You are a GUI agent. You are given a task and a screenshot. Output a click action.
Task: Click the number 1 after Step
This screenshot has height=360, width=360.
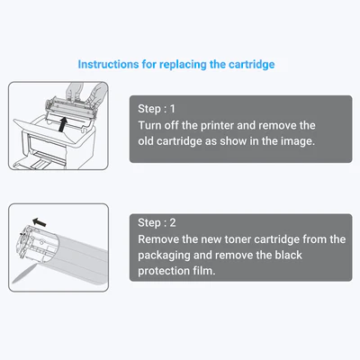pyautogui.click(x=173, y=109)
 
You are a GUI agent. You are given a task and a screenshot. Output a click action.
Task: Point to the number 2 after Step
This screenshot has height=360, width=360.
pyautogui.click(x=173, y=223)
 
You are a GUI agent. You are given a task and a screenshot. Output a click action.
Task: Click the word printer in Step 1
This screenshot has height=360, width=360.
pyautogui.click(x=217, y=125)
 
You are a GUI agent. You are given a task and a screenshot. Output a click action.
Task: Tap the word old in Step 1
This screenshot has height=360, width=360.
pyautogui.click(x=146, y=141)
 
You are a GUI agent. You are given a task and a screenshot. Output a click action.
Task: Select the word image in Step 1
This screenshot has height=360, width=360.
pyautogui.click(x=298, y=141)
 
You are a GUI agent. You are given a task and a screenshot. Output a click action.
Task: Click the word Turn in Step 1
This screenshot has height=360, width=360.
pyautogui.click(x=148, y=125)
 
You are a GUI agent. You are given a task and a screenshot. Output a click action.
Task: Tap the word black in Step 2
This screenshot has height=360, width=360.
pyautogui.click(x=289, y=255)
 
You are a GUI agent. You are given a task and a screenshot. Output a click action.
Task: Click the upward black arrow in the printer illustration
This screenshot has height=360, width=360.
pyautogui.click(x=62, y=124)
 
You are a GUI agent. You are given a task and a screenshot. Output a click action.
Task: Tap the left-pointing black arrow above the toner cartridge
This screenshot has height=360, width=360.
pyautogui.click(x=40, y=222)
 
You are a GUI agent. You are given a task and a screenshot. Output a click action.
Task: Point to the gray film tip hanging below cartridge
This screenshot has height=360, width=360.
pyautogui.click(x=23, y=274)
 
